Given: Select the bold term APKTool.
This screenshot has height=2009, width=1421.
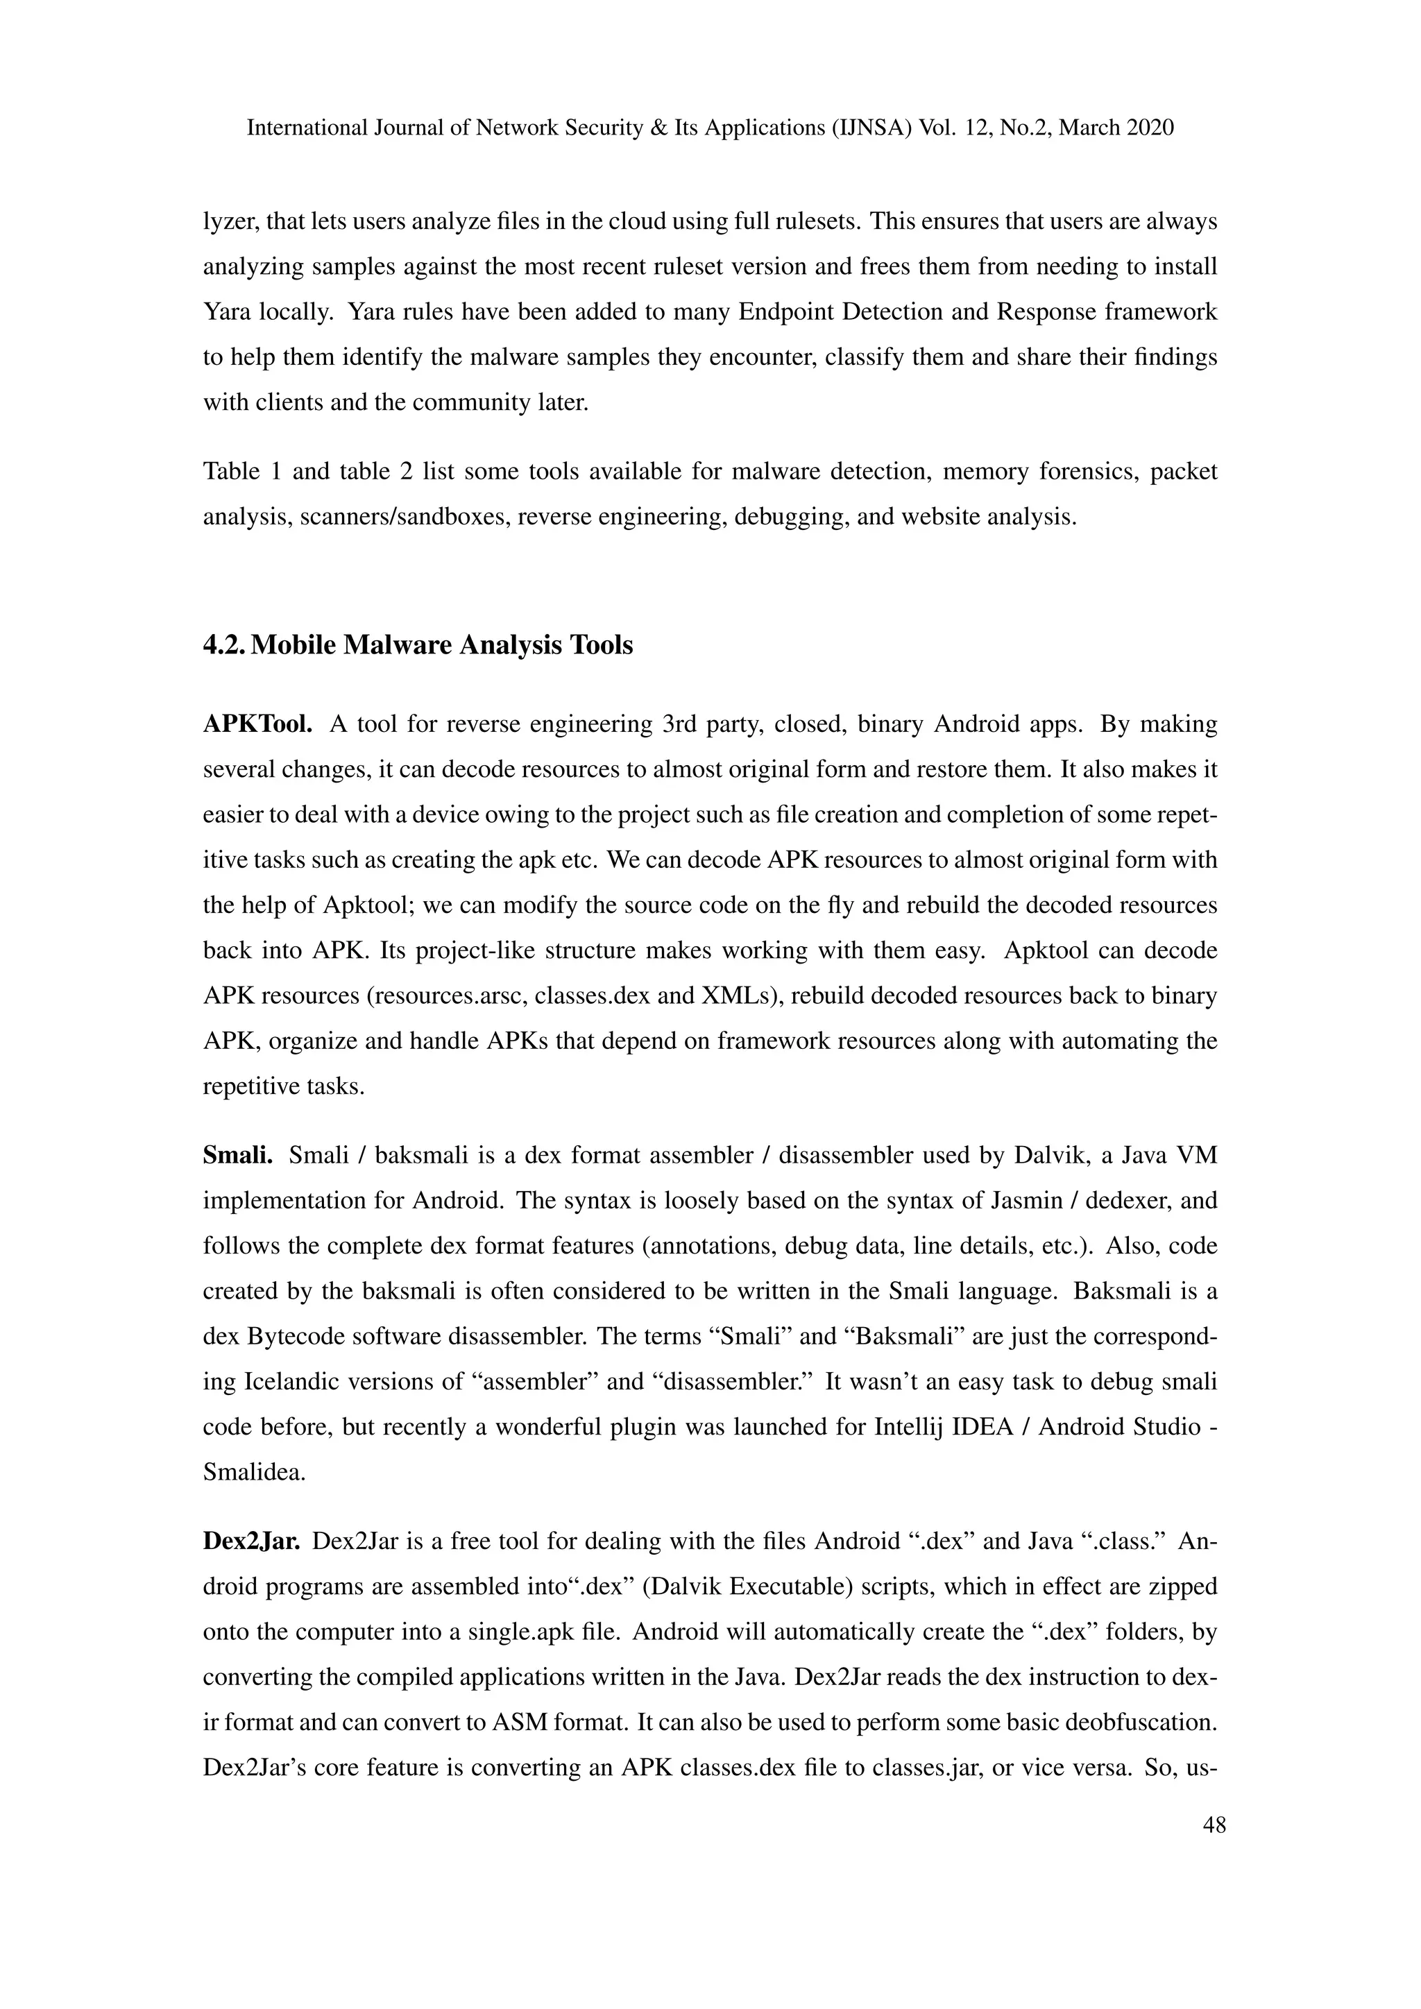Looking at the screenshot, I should (258, 724).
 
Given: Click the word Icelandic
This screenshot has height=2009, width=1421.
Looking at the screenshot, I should (292, 1382).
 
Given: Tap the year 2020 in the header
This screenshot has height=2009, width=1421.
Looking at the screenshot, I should (1150, 128).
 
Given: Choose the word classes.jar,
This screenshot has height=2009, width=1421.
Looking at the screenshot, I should (937, 1768).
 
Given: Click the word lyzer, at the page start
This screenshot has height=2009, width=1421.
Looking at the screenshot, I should (229, 222).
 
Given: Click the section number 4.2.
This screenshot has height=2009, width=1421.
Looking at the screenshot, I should (223, 646).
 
